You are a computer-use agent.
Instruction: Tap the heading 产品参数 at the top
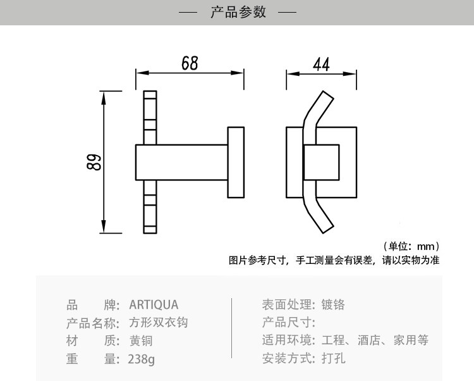(x=238, y=12)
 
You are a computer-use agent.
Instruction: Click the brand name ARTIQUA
(x=154, y=305)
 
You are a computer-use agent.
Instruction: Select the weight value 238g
(x=141, y=359)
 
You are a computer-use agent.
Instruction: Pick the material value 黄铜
(x=141, y=340)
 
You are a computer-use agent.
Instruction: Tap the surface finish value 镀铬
(x=333, y=305)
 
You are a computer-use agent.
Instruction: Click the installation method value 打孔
(x=333, y=359)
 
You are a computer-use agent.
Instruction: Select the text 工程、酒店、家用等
(x=375, y=340)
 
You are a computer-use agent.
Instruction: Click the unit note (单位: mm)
(x=411, y=246)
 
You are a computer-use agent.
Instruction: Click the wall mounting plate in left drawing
(x=236, y=162)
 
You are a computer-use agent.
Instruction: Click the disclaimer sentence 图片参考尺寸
(x=334, y=259)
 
